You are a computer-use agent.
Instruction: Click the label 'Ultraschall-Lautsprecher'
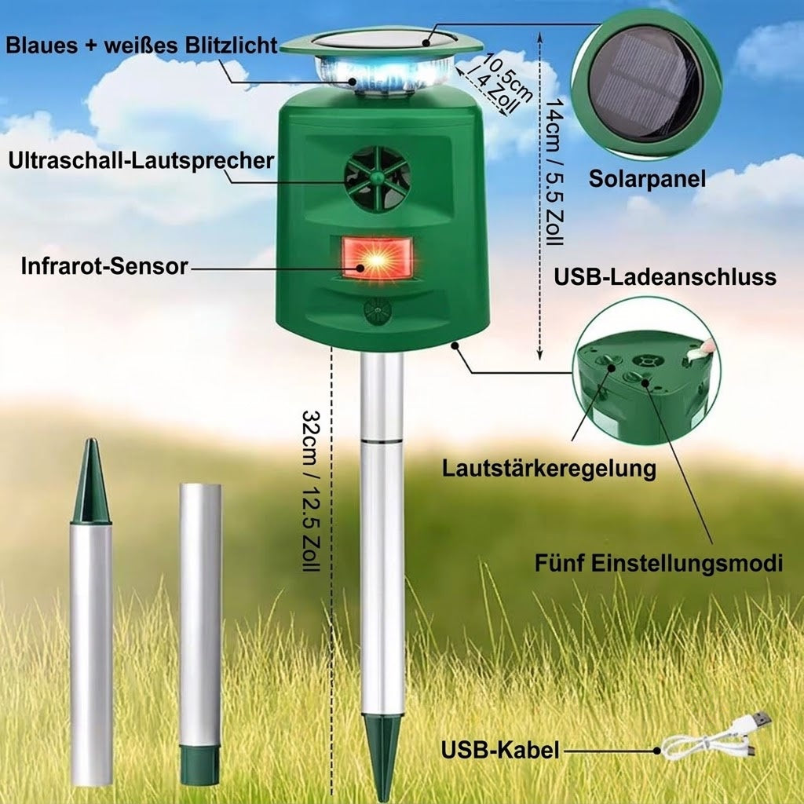[x=141, y=160]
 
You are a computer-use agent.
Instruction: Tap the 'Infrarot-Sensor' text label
[x=104, y=266]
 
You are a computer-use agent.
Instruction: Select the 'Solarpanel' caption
[x=647, y=179]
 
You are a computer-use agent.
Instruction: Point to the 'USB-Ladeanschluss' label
[x=665, y=277]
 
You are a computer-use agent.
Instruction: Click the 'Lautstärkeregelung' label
[x=549, y=468]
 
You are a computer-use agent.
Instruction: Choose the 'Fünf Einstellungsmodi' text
[x=659, y=563]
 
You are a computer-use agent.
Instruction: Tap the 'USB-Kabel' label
[x=500, y=750]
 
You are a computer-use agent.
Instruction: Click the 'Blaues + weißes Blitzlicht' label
[x=142, y=45]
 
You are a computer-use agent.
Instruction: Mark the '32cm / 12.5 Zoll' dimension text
[x=311, y=491]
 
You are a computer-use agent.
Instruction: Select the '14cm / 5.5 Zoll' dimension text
[x=554, y=172]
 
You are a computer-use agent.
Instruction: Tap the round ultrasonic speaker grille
[x=378, y=177]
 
